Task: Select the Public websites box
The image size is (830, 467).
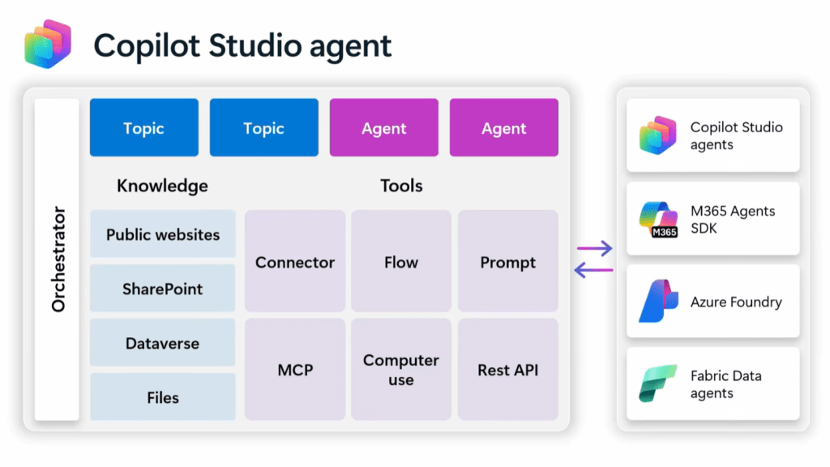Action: (x=163, y=235)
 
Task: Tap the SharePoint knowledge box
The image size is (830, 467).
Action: (x=163, y=289)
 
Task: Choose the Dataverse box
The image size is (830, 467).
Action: (x=163, y=343)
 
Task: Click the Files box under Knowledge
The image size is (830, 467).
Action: (x=163, y=397)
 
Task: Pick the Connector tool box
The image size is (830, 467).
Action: (x=295, y=262)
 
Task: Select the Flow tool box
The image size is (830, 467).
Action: (x=401, y=262)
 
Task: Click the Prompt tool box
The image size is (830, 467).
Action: (x=508, y=262)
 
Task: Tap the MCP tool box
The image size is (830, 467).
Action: (x=295, y=370)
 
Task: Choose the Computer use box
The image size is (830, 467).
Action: (x=401, y=370)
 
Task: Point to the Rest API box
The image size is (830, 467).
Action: (x=508, y=370)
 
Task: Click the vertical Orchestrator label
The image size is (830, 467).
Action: (x=58, y=259)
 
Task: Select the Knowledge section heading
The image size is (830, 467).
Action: (x=162, y=186)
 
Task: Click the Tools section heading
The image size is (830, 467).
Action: (x=401, y=186)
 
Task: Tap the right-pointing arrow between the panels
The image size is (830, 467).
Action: (x=594, y=249)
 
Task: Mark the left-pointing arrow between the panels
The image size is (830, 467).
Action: (x=593, y=270)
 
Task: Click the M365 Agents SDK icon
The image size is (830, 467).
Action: (x=657, y=219)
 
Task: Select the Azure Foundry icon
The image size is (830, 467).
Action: (x=657, y=302)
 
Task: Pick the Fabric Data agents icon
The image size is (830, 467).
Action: (x=657, y=384)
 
